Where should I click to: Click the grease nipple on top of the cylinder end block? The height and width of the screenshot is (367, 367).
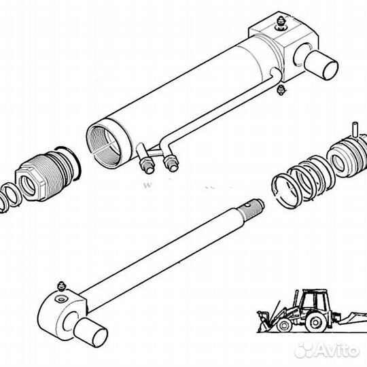pos(281,23)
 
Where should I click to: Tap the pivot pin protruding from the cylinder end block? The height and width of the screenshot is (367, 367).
pos(321,65)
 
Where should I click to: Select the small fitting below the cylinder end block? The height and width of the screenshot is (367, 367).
pos(281,90)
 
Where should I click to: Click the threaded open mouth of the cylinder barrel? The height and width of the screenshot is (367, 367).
pos(104,146)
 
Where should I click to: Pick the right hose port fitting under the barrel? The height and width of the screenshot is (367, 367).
pos(171,162)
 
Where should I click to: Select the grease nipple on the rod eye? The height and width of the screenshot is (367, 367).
pos(62,287)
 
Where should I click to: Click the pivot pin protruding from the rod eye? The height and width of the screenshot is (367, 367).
pos(90,332)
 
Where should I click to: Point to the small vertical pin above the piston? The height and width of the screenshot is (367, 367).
pos(355,129)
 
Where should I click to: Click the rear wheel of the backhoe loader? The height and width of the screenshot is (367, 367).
pos(315,323)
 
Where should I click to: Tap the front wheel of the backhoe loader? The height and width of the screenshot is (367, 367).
pos(284,326)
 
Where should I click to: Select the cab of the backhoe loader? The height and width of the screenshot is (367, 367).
pos(314,300)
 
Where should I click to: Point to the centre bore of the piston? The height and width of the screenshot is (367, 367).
pos(338,162)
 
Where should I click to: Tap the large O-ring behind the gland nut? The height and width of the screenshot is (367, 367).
pos(70,164)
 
